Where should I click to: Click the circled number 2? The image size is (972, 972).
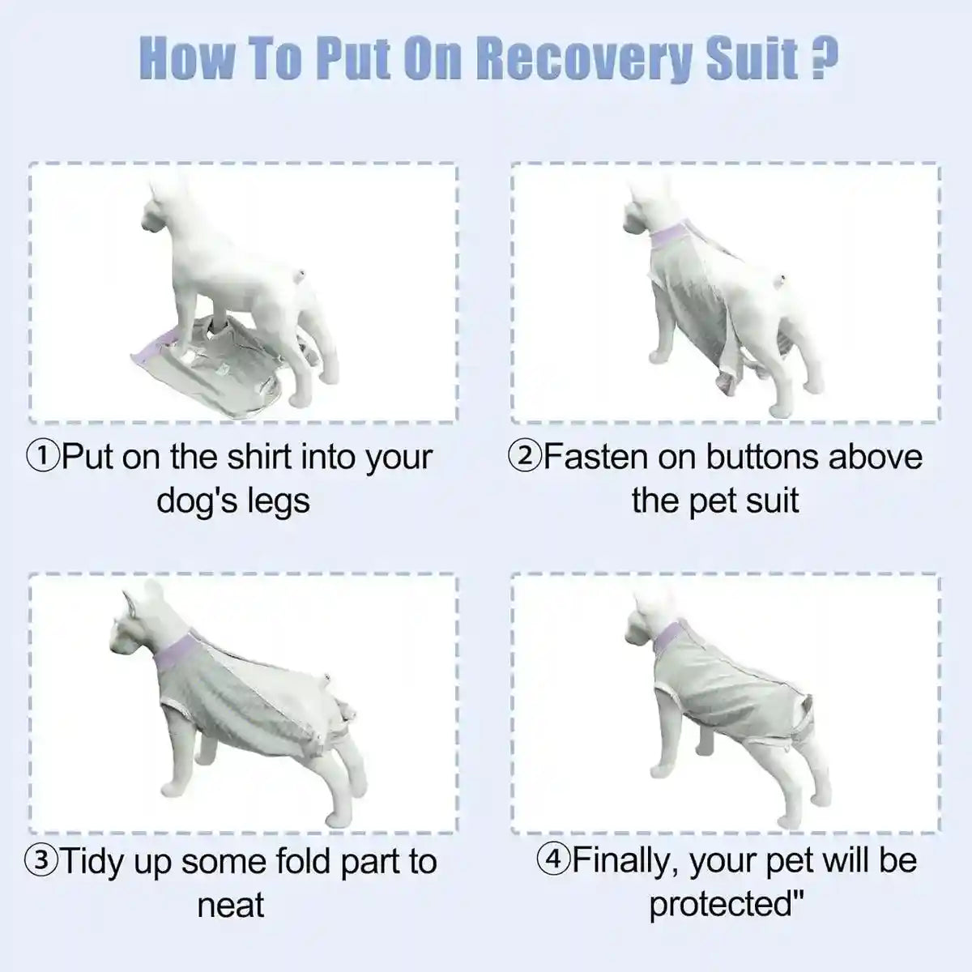coord(524,458)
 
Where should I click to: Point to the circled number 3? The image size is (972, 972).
coord(42,861)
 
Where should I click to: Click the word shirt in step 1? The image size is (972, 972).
coord(259,458)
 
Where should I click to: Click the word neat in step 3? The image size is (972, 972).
coord(231,905)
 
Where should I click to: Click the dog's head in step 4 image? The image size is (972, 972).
coord(645,616)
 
